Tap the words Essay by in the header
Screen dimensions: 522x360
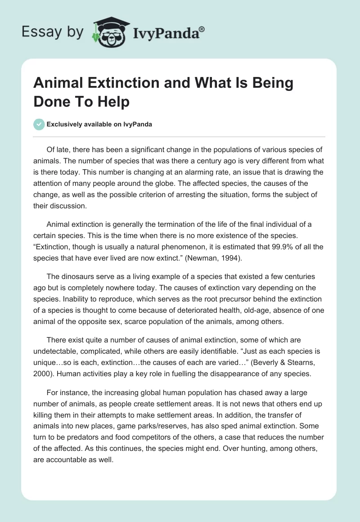52,31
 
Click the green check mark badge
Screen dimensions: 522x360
39,124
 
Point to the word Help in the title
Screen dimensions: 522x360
115,102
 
